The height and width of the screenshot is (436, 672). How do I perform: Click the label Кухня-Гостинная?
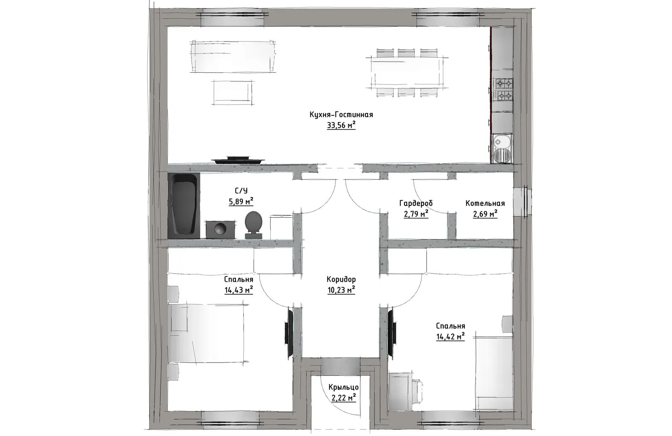341,115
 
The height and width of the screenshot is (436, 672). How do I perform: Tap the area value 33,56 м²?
341,125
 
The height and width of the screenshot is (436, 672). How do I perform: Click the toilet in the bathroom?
253,225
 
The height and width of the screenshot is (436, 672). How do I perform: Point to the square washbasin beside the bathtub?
220,230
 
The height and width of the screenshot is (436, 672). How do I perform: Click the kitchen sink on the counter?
502,148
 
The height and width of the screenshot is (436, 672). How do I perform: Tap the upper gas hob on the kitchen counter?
504,83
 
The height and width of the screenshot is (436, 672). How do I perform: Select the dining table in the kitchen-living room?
407,73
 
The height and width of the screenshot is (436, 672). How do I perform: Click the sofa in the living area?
233,57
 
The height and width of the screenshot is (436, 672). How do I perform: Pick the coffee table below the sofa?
232,92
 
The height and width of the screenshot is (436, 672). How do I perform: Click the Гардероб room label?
416,203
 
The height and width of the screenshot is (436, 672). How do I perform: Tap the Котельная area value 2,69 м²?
485,214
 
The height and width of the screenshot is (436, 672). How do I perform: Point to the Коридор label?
341,279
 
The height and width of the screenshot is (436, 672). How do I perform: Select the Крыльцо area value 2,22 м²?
343,398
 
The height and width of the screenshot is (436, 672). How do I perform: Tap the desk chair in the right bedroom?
417,390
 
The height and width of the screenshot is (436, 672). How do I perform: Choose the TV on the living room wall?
238,160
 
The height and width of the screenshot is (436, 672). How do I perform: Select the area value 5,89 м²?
241,201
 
